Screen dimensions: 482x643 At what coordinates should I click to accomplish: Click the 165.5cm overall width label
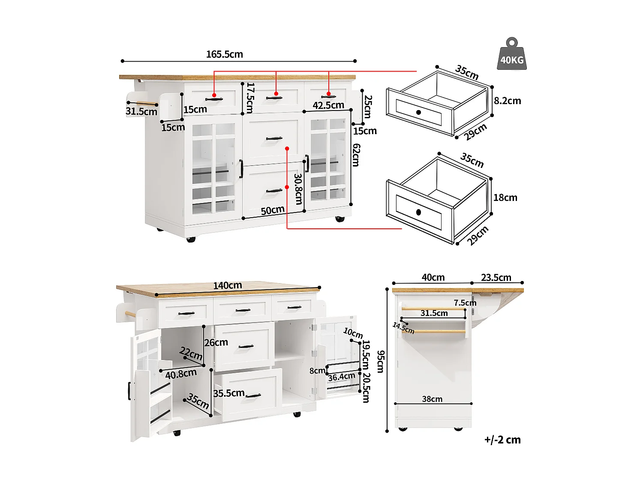click(x=224, y=54)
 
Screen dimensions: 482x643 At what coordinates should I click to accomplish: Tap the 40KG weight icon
click(x=512, y=55)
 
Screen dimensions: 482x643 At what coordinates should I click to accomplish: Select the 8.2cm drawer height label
click(x=507, y=101)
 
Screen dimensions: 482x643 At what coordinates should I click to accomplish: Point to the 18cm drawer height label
click(x=505, y=198)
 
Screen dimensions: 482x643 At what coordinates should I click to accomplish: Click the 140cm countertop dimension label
click(x=228, y=286)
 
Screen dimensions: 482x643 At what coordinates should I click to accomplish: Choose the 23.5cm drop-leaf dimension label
click(x=496, y=278)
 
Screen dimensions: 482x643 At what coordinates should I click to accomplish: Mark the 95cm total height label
click(x=381, y=361)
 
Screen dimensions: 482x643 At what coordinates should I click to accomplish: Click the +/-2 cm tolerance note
click(x=502, y=440)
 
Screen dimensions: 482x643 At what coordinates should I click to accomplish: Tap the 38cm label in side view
click(x=432, y=399)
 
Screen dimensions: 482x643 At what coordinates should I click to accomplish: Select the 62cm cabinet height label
click(x=356, y=155)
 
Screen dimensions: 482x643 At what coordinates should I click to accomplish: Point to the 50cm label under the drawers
click(x=273, y=210)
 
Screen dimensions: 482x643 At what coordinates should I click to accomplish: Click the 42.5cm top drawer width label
click(x=328, y=105)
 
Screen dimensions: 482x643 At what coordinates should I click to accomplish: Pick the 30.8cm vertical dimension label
click(x=298, y=189)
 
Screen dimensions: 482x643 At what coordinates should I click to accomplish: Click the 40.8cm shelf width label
click(x=181, y=374)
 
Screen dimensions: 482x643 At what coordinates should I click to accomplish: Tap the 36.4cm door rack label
click(x=341, y=377)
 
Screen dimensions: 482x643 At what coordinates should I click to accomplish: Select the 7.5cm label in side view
click(x=465, y=303)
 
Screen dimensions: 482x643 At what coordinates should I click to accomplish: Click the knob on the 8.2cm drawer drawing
click(x=418, y=113)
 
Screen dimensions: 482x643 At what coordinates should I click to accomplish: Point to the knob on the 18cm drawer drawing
click(x=418, y=212)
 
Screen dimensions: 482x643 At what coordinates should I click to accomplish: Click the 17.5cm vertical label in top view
click(x=251, y=98)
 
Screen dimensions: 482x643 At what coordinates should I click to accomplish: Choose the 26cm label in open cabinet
click(x=216, y=343)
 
